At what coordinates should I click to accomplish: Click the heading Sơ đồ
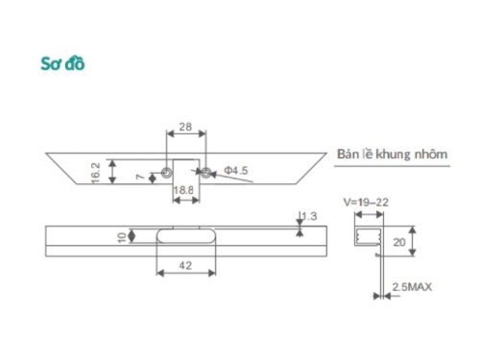tap(63, 64)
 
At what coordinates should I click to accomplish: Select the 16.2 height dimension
tap(97, 172)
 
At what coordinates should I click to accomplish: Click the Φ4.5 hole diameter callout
tap(236, 171)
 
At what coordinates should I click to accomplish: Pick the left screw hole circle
tap(166, 173)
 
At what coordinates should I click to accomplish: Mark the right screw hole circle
tap(204, 173)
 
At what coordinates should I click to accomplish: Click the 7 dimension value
tap(141, 177)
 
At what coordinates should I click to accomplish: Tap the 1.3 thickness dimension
tap(309, 216)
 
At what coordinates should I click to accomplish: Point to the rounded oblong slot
tap(185, 236)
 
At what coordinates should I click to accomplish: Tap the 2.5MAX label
tap(411, 287)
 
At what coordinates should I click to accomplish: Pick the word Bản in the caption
tap(348, 154)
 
